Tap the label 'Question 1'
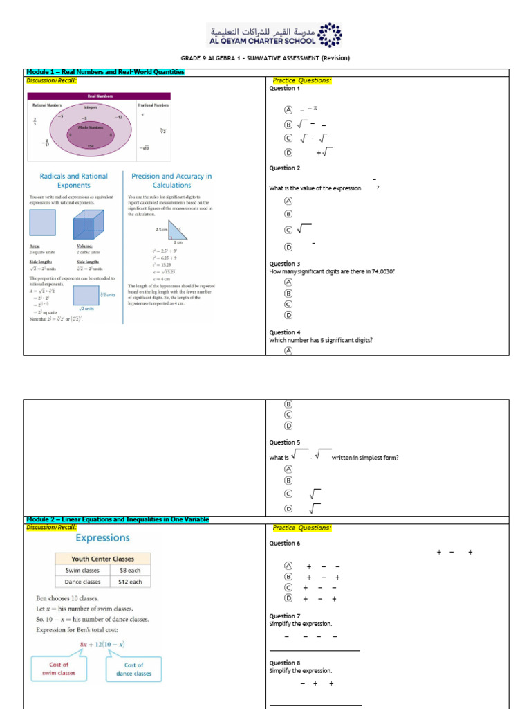tap(284, 89)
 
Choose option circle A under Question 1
tap(288, 109)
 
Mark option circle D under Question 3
tap(288, 315)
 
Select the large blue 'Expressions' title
tap(102, 537)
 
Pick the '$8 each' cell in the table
tap(130, 570)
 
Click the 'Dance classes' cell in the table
tap(81, 582)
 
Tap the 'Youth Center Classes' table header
tap(103, 558)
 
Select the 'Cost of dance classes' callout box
tap(133, 669)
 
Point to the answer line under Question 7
tap(315, 650)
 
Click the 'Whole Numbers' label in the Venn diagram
tap(90, 128)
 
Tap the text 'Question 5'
tap(284, 442)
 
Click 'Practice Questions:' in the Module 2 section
tap(302, 528)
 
